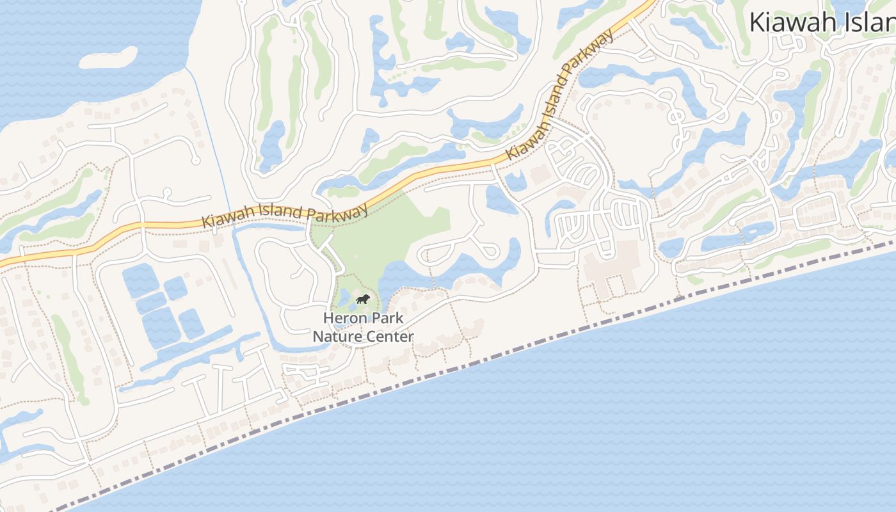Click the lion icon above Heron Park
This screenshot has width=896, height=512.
363,300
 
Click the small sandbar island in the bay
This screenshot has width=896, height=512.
109,57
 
